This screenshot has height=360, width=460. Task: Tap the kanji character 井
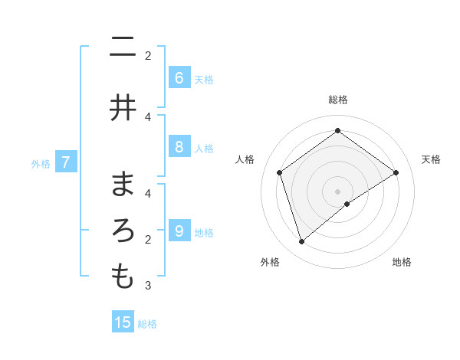tap(123, 108)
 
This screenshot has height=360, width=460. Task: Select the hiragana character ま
tap(123, 185)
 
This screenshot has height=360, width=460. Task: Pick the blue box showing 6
tap(179, 78)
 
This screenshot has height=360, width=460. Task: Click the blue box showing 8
tap(179, 148)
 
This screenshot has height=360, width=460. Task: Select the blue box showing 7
tap(66, 162)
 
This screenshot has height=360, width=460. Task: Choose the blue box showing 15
tap(123, 322)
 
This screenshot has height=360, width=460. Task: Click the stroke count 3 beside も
tap(148, 286)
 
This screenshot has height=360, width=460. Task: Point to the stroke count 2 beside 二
tap(148, 56)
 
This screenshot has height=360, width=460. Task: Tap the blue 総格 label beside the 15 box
tap(147, 324)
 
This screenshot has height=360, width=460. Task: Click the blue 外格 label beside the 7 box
tap(41, 163)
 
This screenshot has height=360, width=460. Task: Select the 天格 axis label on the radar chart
tap(432, 159)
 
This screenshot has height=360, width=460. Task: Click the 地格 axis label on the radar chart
tap(402, 262)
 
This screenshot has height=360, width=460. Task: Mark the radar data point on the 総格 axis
tap(337, 131)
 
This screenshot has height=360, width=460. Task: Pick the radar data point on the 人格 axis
tap(280, 172)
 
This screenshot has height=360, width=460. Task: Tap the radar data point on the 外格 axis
tap(302, 242)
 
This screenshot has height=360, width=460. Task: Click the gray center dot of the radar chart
tap(337, 191)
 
